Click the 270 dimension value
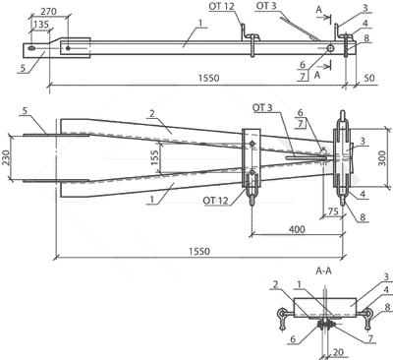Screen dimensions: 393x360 click(48, 11)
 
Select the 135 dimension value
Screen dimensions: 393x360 click(41, 25)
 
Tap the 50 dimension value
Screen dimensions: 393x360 click(368, 79)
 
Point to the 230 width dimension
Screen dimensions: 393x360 click(6, 158)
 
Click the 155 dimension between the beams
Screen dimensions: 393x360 click(155, 157)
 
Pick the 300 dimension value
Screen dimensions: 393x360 click(383, 158)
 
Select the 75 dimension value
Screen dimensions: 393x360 click(333, 211)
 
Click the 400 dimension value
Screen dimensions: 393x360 click(297, 229)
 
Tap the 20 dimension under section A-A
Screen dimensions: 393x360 click(338, 352)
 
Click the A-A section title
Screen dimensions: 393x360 click(323, 271)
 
